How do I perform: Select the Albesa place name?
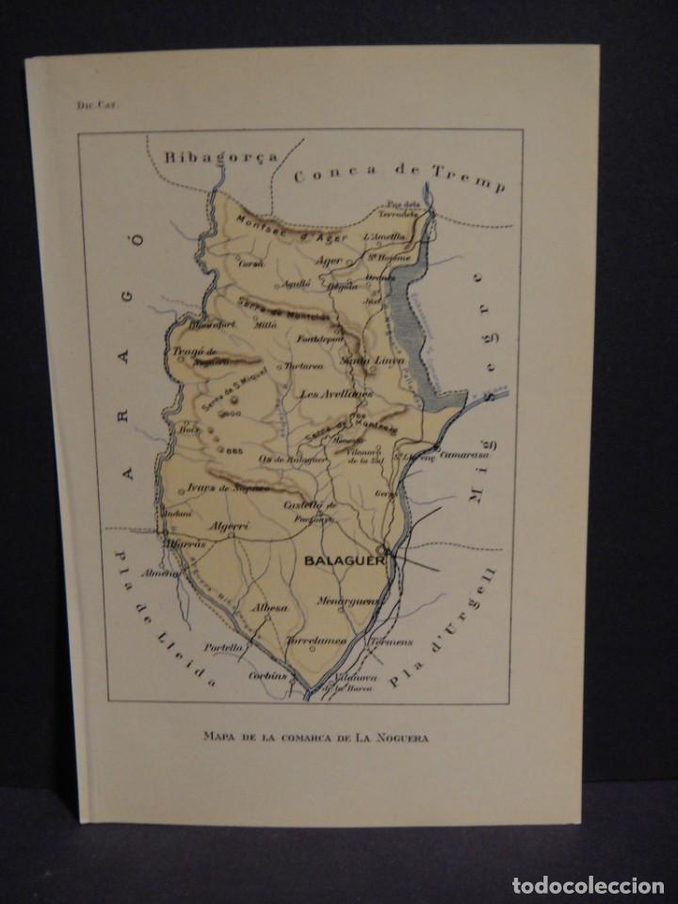tap(270, 609)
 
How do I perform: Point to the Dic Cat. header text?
tap(91, 106)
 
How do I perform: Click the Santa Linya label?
tap(359, 360)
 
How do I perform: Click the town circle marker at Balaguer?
tap(380, 550)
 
